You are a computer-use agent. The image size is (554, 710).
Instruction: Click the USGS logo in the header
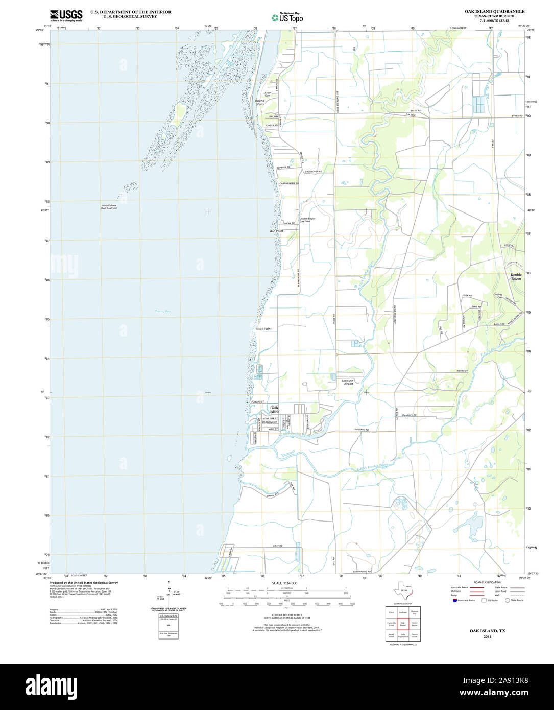pos(66,16)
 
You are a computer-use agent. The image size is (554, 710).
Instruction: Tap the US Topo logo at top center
pos(287,17)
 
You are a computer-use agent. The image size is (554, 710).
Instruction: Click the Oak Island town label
pos(275,410)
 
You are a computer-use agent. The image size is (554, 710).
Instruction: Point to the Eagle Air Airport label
pos(351,382)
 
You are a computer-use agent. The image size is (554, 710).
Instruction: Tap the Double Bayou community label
pos(516,277)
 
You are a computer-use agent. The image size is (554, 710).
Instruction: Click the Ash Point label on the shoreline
pos(276,231)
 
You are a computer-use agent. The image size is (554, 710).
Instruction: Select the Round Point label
pos(260,102)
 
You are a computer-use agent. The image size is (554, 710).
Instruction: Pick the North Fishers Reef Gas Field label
pos(109,207)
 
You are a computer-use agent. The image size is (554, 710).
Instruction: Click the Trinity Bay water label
pos(163,311)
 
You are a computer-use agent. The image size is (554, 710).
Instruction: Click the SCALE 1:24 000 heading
pos(285,583)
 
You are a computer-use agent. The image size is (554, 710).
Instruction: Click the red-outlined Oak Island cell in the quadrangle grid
pos(403,624)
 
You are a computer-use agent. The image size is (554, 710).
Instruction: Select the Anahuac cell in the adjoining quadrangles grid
pos(403,612)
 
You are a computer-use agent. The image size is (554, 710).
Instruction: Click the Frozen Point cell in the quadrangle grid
pos(415,636)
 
